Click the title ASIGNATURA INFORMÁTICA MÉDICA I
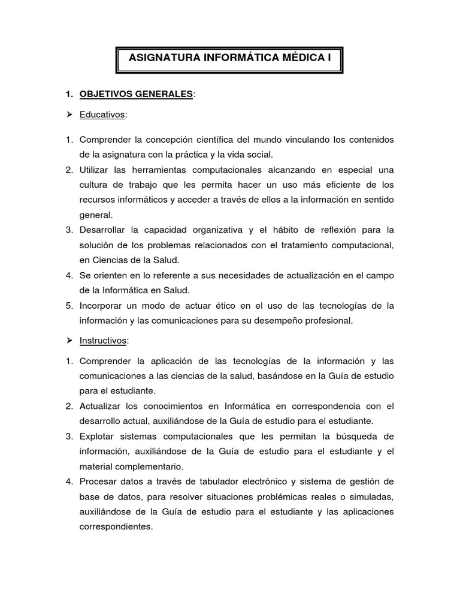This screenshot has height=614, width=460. coord(229,59)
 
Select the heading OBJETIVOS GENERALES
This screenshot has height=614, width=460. coord(137,94)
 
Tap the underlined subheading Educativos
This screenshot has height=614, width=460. coord(102,115)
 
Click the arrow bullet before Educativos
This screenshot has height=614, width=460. coord(69,115)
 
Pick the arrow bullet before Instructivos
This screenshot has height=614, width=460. coord(69,340)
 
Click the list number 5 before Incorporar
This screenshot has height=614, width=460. coord(69,305)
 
